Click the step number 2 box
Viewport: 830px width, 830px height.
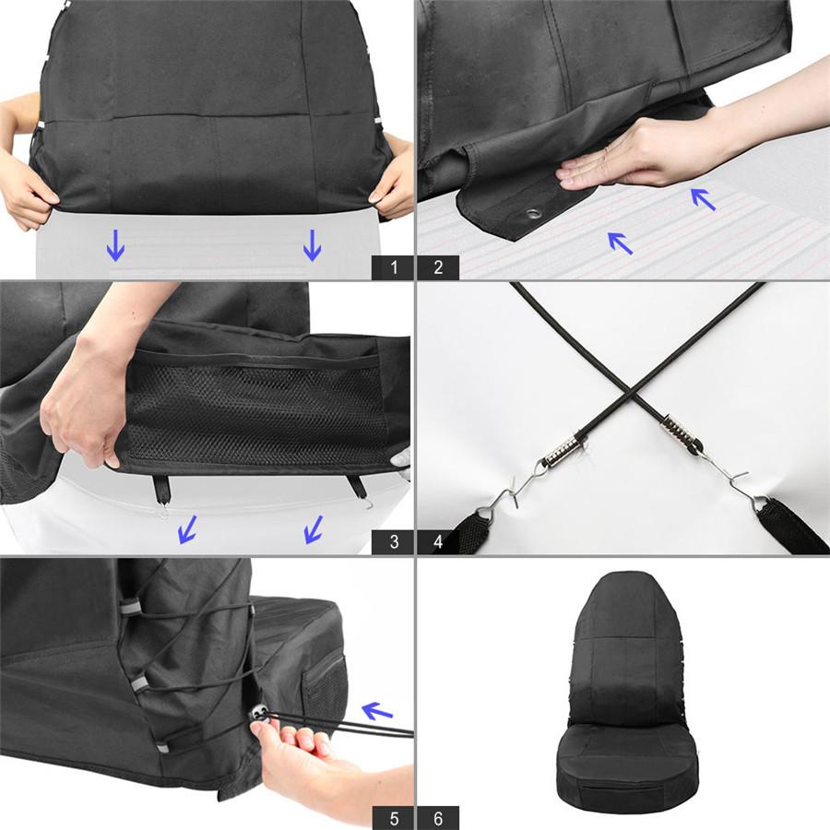click(x=438, y=267)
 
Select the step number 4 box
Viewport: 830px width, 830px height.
click(x=438, y=541)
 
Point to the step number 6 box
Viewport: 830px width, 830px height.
click(x=438, y=817)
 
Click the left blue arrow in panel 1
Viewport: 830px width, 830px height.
click(x=115, y=244)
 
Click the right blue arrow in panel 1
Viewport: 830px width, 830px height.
click(x=313, y=244)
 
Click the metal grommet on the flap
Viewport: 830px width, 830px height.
click(x=533, y=216)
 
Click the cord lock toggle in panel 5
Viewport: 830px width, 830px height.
click(x=260, y=712)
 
